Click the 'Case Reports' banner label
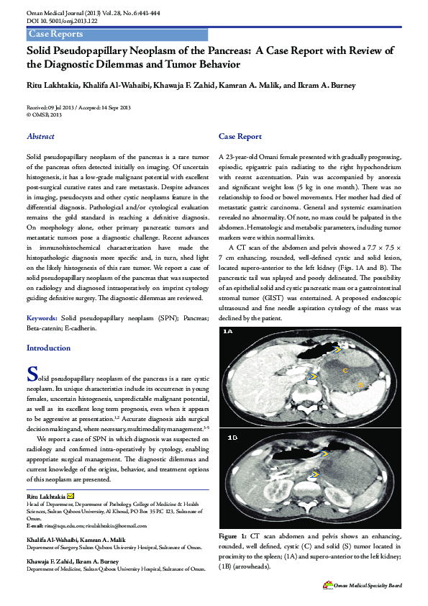point(55,35)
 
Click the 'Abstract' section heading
point(40,136)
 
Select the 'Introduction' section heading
point(48,348)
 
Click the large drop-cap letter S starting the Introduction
point(32,374)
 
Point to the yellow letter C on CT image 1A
point(345,370)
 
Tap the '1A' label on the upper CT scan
point(229,332)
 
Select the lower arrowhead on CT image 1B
point(314,474)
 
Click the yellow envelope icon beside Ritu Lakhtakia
point(70,497)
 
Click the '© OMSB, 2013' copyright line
point(44,114)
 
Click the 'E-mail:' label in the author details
point(37,526)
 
